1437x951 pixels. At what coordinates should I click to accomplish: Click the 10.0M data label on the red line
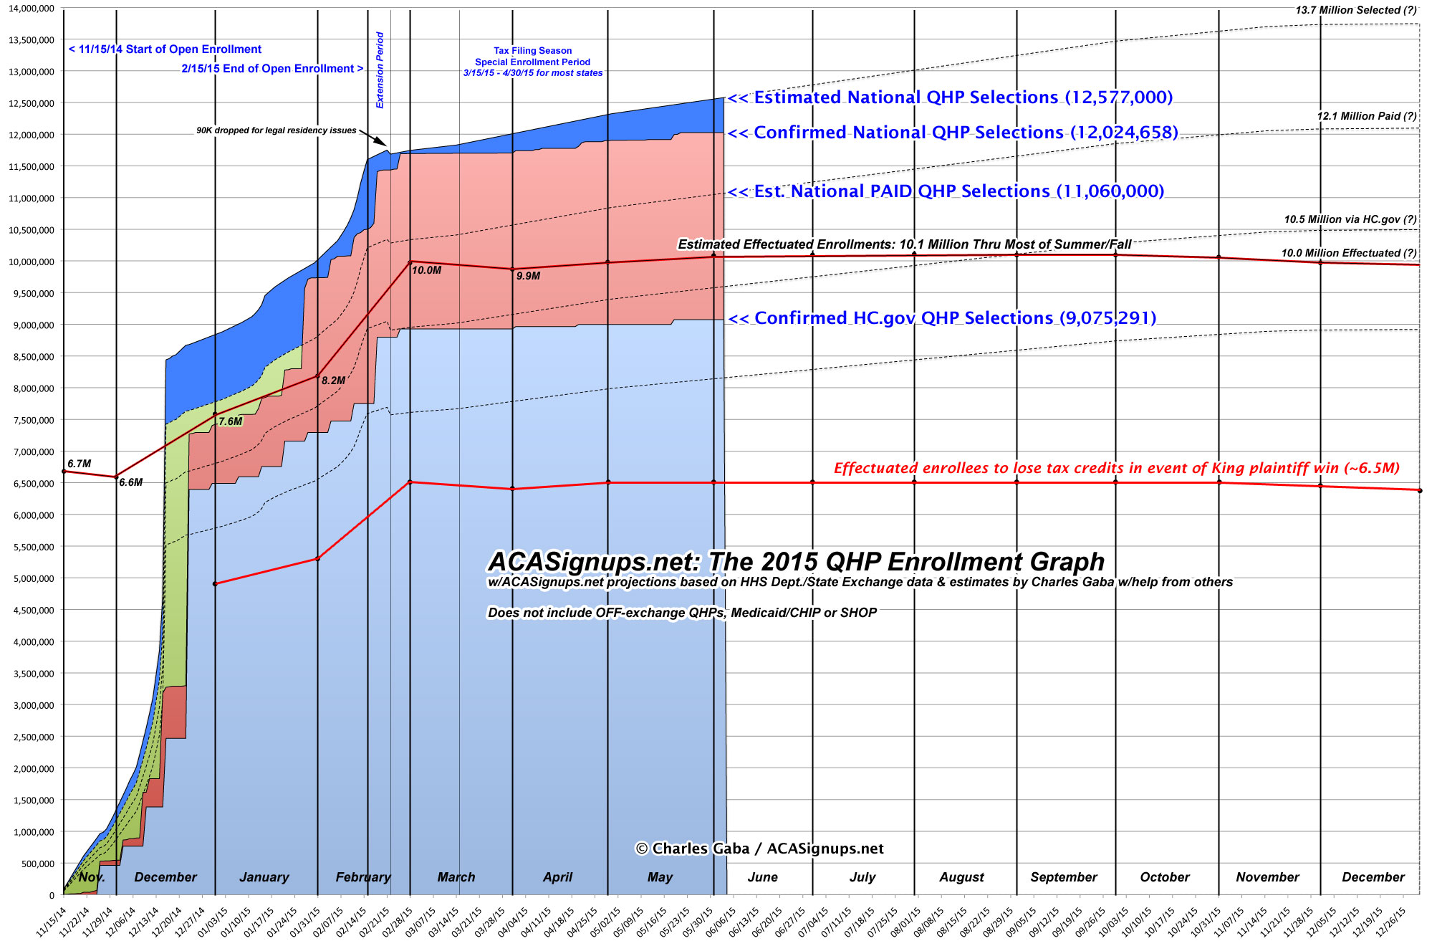426,270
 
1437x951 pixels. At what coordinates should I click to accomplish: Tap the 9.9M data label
528,276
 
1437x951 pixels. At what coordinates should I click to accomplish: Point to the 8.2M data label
333,381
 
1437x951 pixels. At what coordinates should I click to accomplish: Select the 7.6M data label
231,421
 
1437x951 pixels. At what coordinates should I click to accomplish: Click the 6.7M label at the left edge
80,464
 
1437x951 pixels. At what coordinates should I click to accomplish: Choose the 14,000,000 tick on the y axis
32,9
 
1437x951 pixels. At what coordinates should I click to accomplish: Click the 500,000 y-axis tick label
36,864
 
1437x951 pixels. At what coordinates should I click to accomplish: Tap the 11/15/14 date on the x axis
52,922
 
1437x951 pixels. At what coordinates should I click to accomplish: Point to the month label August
961,877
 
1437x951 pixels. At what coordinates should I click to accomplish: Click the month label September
1063,877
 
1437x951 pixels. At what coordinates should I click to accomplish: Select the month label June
762,877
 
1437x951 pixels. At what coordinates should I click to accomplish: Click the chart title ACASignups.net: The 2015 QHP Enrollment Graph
796,562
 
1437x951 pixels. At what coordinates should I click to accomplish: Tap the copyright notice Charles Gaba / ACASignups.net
759,849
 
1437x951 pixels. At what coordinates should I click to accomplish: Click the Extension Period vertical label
380,70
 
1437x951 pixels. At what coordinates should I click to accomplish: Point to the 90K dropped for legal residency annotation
277,130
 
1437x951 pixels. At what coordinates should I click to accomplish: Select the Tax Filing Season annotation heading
532,51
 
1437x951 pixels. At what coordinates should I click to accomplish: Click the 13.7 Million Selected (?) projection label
1355,10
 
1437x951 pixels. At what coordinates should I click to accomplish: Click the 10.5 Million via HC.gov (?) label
1350,219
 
